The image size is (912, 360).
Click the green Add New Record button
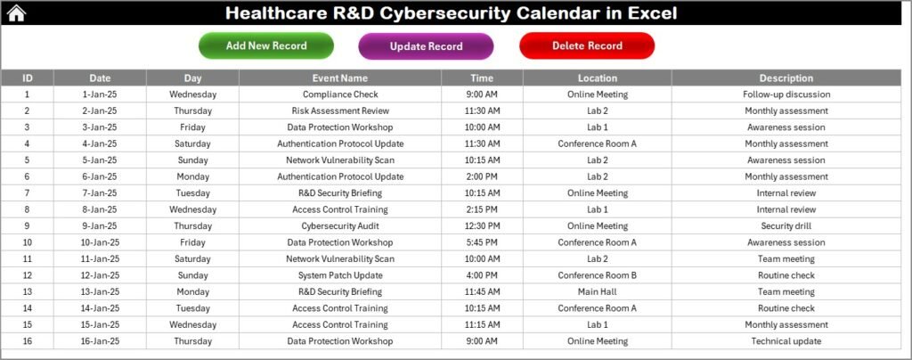click(266, 45)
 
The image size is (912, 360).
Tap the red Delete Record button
click(587, 45)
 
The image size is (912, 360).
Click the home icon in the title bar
click(17, 12)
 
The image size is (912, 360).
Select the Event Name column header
click(340, 78)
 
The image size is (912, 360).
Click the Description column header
click(786, 78)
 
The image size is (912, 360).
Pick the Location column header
click(597, 78)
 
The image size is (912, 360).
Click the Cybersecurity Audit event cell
click(340, 226)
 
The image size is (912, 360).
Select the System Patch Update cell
click(340, 275)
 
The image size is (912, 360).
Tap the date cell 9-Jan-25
click(100, 226)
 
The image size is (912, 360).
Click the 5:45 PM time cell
click(482, 242)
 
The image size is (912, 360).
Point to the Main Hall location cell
click(597, 292)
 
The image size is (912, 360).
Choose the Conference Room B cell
click(597, 275)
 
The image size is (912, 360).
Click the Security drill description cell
click(786, 226)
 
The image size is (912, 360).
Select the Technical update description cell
click(786, 341)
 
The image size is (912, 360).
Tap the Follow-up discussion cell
click(786, 94)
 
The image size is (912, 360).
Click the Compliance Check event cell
click(340, 94)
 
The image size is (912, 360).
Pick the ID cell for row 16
click(27, 341)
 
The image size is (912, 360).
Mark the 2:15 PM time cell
click(482, 209)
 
